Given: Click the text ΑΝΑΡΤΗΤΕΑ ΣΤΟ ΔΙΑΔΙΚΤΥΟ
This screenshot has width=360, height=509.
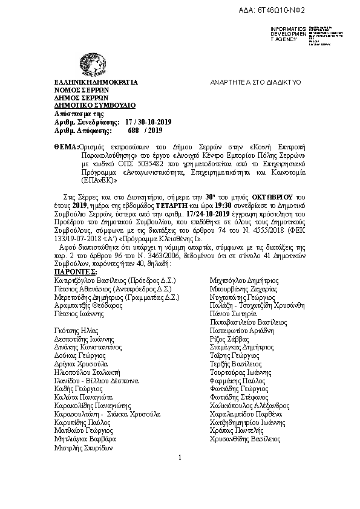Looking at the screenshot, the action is tap(256, 82).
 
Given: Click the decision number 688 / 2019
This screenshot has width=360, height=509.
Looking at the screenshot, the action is tap(145, 129).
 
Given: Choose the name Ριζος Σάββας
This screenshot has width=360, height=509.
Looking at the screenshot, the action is tap(228, 340).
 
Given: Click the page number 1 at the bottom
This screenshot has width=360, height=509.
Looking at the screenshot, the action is tap(180, 457).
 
